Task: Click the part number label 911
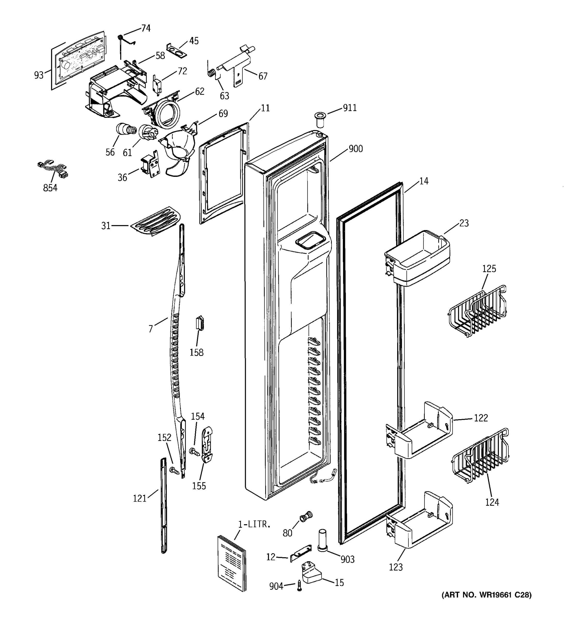pyautogui.click(x=349, y=108)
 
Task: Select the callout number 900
pyautogui.click(x=355, y=149)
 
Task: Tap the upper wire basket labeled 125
pyautogui.click(x=477, y=311)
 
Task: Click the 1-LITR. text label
pyautogui.click(x=254, y=524)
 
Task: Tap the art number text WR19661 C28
pyautogui.click(x=486, y=595)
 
